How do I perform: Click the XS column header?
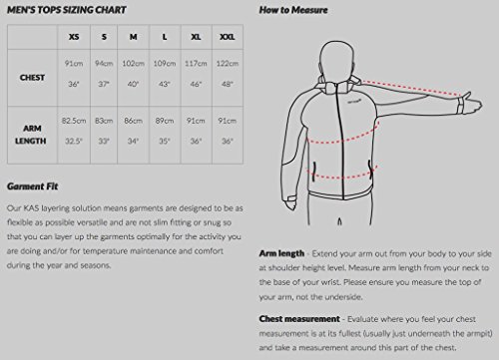tap(74, 37)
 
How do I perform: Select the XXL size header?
tap(228, 37)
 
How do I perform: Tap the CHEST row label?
tap(32, 78)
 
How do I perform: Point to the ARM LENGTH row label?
tap(31, 135)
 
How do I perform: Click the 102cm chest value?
tap(133, 63)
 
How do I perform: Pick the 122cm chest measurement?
tap(228, 63)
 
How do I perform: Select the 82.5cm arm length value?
tap(74, 121)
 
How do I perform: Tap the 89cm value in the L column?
tap(165, 121)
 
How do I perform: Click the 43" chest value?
tap(164, 84)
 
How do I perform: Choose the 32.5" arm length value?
tap(74, 142)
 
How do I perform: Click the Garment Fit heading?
tap(33, 186)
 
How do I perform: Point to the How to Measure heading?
tap(293, 10)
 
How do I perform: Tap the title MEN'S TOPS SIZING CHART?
tap(67, 10)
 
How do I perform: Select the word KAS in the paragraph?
tap(31, 208)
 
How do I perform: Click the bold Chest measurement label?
tap(299, 319)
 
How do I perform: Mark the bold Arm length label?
tap(281, 253)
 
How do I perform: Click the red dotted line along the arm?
tap(411, 89)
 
